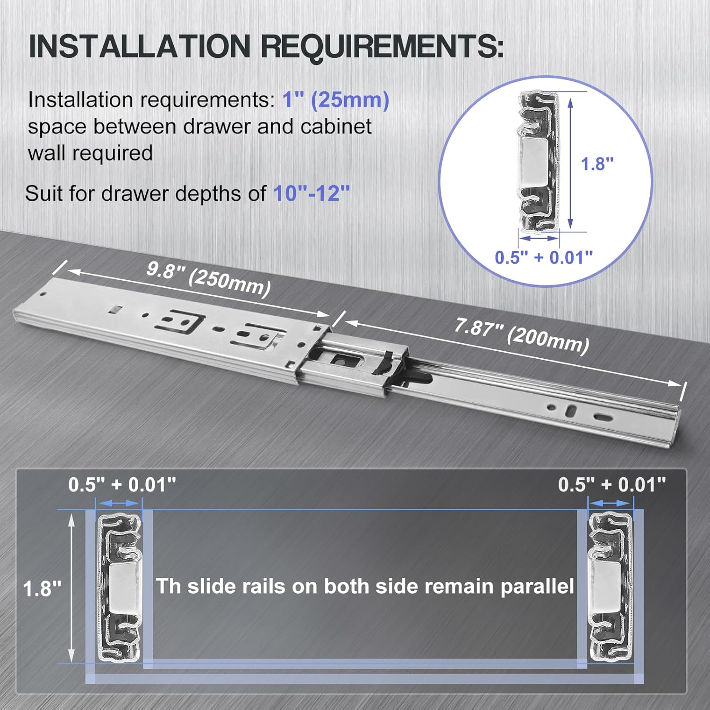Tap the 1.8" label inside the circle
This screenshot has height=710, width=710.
(597, 164)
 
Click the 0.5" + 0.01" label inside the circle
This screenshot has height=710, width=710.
(543, 257)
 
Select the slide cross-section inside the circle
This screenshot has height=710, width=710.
(539, 161)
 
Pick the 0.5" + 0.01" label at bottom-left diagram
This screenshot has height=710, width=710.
(122, 485)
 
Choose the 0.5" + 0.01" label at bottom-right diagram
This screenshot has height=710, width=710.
(612, 485)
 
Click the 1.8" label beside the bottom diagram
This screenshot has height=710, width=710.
(42, 589)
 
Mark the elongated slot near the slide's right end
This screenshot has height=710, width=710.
(603, 417)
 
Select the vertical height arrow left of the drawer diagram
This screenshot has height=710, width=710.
(71, 588)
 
